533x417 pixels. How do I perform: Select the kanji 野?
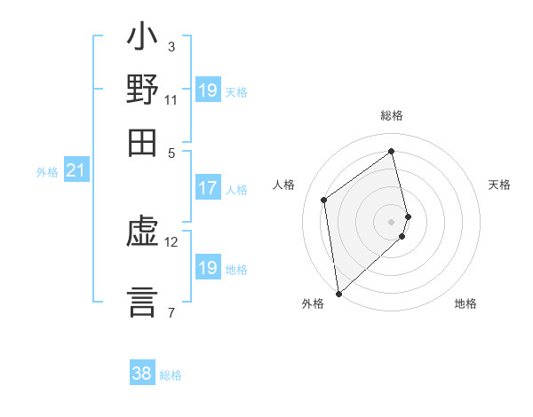point(142,91)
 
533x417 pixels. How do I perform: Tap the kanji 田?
point(142,142)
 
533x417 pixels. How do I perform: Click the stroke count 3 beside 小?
point(171,47)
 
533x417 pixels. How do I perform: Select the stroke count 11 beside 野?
point(171,99)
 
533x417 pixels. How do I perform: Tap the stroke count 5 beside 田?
point(171,152)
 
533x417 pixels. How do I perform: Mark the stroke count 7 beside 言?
point(171,311)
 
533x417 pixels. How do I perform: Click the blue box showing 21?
point(75,170)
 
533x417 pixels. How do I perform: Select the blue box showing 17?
point(208,188)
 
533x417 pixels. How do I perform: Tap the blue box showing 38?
point(141,374)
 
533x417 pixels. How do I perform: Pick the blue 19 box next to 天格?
point(208,90)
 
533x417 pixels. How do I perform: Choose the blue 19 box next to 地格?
point(208,268)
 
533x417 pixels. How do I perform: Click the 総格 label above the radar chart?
point(392,115)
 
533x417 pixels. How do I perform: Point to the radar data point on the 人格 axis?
point(324,200)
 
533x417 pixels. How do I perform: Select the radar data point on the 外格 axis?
point(338,293)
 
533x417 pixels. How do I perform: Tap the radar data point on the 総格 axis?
point(392,151)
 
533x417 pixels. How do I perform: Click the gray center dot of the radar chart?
point(392,221)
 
